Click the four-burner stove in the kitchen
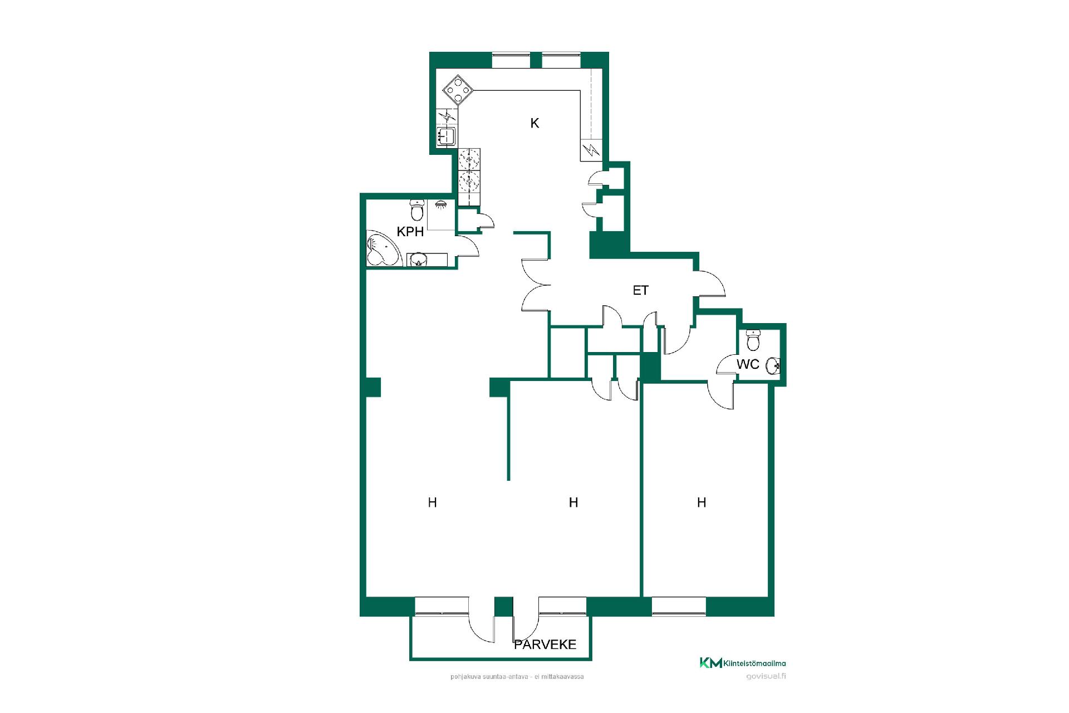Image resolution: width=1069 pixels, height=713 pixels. pos(458,90)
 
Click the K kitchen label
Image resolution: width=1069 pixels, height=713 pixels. pos(534,123)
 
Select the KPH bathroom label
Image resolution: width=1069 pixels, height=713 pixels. pos(410,232)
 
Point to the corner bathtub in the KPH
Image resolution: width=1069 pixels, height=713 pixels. pos(383,248)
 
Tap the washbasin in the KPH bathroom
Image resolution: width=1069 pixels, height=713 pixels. pos(418,260)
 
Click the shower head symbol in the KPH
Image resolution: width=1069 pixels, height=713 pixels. pos(441,204)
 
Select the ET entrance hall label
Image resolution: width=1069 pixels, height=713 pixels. pos(640,290)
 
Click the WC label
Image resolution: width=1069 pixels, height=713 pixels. pos(748,364)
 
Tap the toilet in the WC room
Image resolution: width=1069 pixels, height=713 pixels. pos(753,340)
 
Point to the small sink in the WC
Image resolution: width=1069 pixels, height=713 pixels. pos(773,366)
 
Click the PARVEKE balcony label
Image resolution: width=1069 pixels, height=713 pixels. pos(545,644)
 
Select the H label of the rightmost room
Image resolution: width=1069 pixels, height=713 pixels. pos(702,502)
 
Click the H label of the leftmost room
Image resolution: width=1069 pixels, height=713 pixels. pos(432,502)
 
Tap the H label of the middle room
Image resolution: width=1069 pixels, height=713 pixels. pos(573,502)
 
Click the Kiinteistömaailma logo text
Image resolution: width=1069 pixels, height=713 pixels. pos(754,663)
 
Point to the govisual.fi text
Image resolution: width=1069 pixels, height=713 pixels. pos(766,676)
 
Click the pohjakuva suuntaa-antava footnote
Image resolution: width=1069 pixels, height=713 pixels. pos(517,677)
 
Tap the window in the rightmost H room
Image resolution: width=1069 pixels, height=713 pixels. pos(679,606)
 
